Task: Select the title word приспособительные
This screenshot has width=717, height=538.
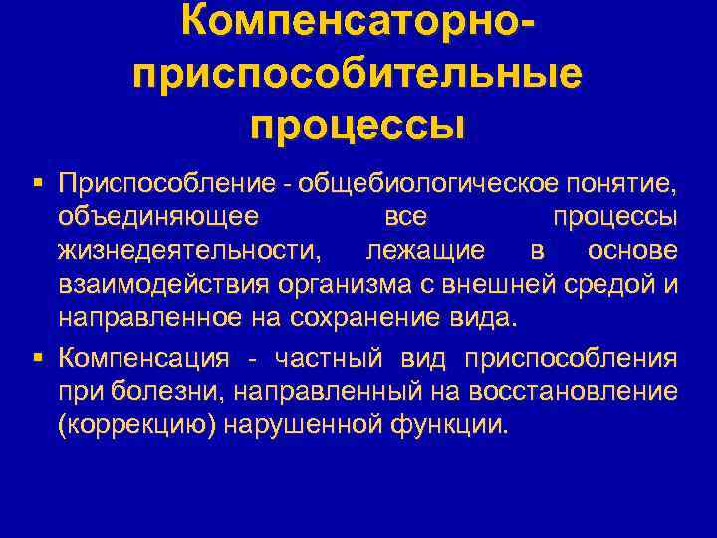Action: click(x=358, y=77)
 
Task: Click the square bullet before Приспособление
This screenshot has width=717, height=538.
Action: click(x=38, y=182)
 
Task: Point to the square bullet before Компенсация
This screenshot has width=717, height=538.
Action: click(x=38, y=358)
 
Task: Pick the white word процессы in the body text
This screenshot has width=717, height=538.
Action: click(x=614, y=217)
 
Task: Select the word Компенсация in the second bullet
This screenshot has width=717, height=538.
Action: click(x=144, y=358)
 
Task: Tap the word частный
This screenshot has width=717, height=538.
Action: click(x=336, y=358)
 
